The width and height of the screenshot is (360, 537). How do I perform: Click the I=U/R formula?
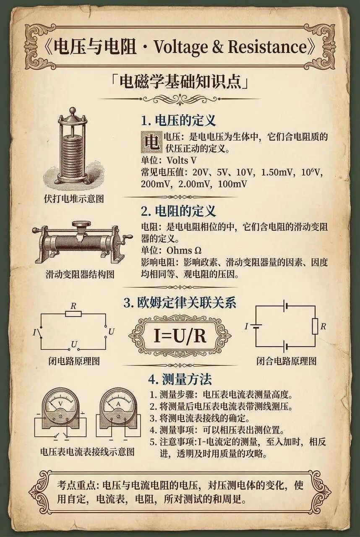180,336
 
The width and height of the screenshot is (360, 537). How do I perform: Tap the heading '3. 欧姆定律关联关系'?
180,302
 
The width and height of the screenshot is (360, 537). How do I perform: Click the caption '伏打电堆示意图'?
74,198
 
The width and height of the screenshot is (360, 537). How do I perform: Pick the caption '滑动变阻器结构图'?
80,275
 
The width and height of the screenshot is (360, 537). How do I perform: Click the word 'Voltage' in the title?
183,47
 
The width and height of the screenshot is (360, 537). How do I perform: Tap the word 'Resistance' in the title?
268,47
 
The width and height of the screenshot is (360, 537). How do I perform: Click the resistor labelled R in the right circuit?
315,326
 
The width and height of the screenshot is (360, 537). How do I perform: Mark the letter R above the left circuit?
73,306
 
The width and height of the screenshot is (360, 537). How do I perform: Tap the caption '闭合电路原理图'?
287,361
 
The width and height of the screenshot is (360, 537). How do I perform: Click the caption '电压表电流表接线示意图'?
87,452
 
